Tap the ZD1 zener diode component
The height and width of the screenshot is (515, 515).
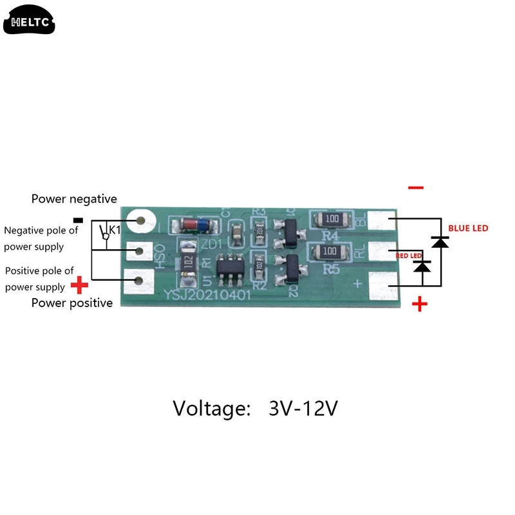pos(196,225)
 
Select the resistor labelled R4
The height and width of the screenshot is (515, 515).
pos(331,219)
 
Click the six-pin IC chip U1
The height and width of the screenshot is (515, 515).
pos(230,266)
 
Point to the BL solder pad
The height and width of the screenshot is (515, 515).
pos(385,221)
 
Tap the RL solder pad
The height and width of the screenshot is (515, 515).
pos(385,250)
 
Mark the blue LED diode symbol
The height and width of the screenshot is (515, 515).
pos(440,242)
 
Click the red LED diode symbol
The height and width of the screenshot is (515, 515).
pos(422,265)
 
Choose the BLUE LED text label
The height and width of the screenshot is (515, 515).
pos(468,229)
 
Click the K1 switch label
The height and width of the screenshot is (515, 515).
pos(115,230)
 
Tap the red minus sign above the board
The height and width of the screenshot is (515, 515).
pos(416,187)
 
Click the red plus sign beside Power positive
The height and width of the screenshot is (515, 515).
pos(79,284)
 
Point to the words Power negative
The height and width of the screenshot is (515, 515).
pos(74,199)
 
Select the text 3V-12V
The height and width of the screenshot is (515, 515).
pos(303,408)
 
